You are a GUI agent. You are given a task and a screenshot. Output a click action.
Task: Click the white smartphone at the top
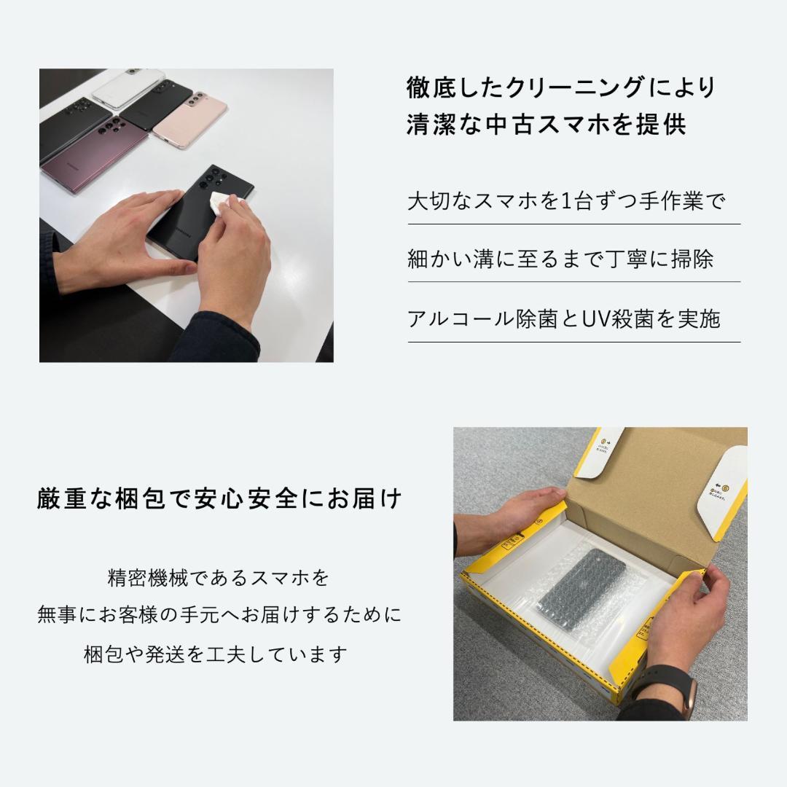[x=138, y=87]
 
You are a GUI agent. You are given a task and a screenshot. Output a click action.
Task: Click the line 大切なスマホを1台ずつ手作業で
[x=566, y=201]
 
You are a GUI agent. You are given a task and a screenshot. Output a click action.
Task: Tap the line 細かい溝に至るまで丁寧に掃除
[x=560, y=259]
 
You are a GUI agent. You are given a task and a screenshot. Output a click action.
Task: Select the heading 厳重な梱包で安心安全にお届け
[x=219, y=500]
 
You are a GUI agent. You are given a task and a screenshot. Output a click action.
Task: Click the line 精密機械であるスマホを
[x=219, y=579]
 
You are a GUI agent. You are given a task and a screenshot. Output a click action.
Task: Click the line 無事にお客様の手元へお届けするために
[x=219, y=616]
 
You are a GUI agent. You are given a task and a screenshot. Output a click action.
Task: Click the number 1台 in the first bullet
[x=579, y=201]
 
